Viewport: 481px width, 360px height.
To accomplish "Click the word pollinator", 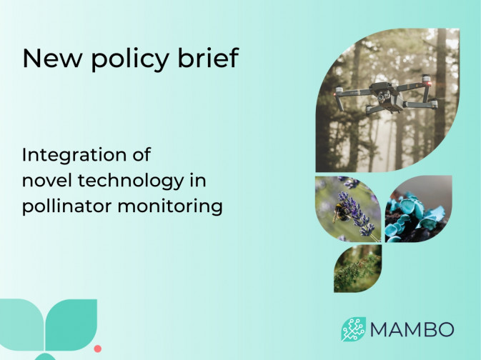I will coord(64,207).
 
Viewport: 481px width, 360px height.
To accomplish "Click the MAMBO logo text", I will coord(412,330).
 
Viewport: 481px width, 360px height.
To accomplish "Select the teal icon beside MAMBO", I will coord(353,329).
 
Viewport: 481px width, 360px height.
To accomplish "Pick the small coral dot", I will coord(98,349).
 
